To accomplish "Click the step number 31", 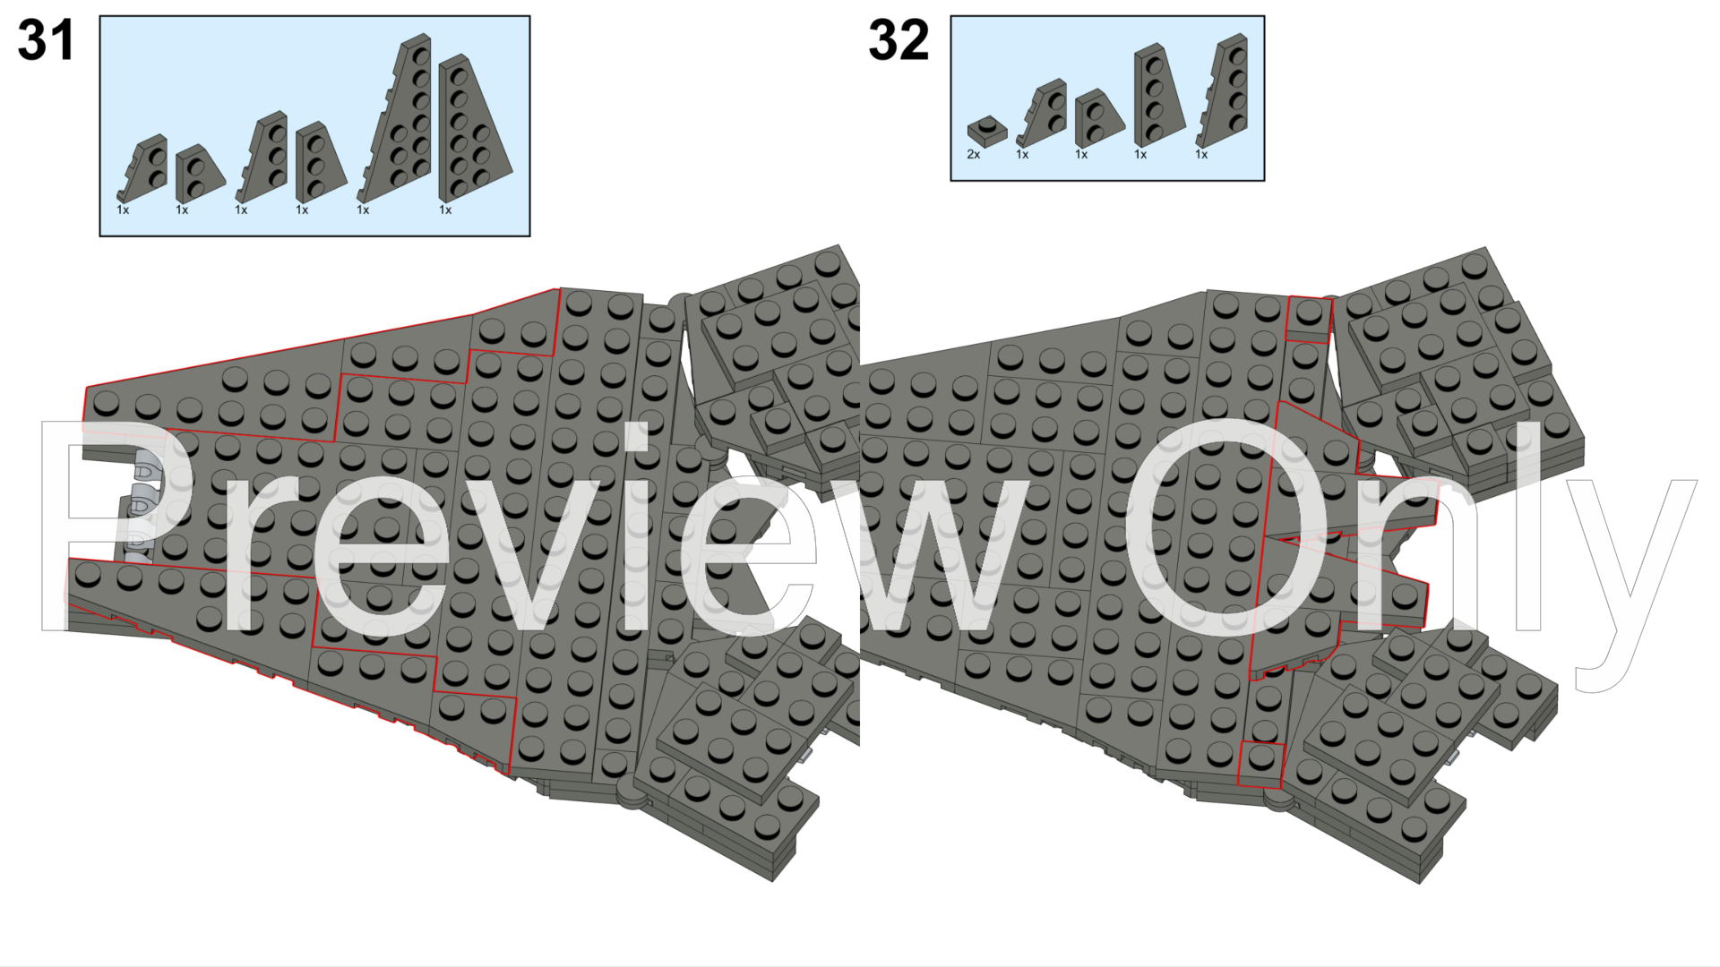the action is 46,41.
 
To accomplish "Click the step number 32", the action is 899,41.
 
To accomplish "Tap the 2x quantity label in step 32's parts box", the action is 974,154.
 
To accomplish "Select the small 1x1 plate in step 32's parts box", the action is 987,131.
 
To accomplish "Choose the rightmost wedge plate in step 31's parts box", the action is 473,127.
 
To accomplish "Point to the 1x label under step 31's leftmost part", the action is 123,210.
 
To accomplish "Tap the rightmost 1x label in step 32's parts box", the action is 1201,154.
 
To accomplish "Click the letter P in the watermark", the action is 107,526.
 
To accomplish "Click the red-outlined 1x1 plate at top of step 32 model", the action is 1309,319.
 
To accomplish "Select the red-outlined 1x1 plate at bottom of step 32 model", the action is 1261,764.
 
